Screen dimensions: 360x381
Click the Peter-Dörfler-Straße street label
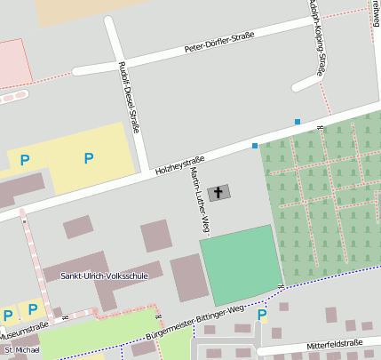(218, 42)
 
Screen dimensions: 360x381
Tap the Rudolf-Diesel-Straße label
(130, 101)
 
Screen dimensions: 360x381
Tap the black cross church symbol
(218, 192)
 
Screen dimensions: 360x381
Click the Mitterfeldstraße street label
(336, 344)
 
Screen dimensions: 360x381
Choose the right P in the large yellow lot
(88, 158)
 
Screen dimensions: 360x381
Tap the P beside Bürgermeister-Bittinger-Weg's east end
(261, 314)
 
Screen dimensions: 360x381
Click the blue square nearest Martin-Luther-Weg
(255, 145)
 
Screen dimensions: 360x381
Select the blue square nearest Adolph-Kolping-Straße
(298, 121)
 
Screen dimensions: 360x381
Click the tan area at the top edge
(80, 10)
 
